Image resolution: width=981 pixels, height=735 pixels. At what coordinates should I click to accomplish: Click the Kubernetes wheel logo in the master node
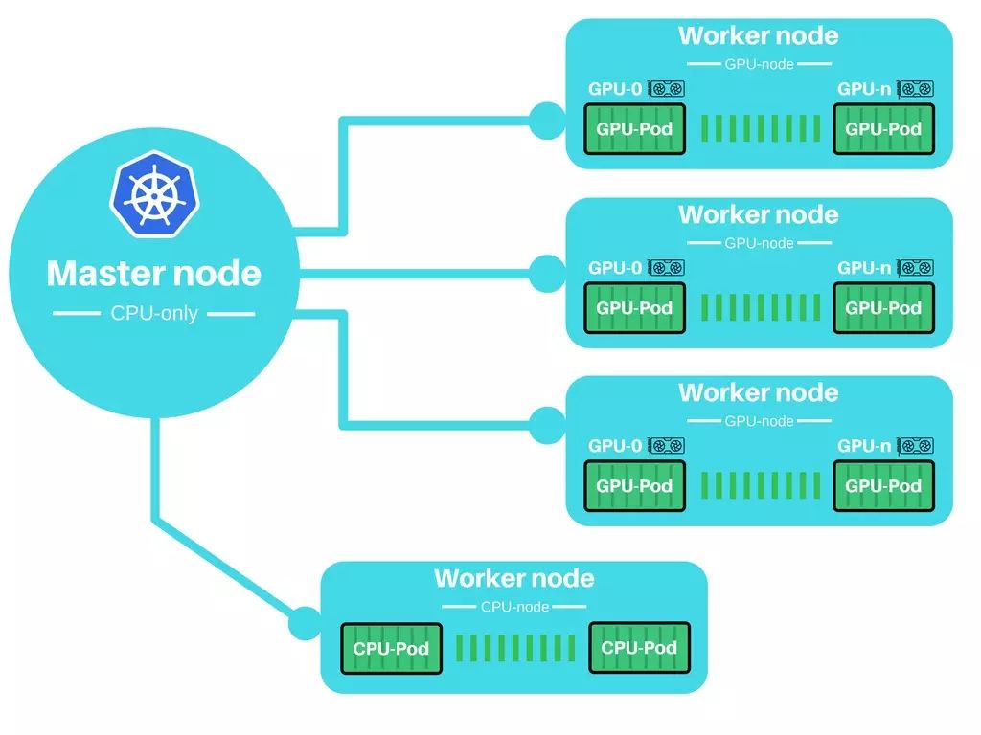coord(154,194)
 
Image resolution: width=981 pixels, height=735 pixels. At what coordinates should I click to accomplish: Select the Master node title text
coord(154,273)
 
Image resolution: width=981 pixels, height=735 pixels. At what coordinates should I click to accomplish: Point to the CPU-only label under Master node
coord(154,313)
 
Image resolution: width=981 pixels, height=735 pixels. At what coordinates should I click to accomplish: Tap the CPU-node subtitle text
coord(514,606)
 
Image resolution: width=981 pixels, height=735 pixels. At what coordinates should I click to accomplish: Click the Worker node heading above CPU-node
coord(514,578)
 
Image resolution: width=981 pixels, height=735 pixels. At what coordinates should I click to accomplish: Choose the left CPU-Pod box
coord(391,648)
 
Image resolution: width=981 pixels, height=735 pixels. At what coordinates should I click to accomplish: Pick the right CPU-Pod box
coord(639,648)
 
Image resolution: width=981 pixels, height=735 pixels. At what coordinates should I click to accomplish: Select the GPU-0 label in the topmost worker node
coord(615,89)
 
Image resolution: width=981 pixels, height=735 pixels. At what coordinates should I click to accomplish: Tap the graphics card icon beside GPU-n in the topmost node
coord(915,89)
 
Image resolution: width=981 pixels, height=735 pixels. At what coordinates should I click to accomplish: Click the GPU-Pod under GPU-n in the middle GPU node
coord(883,307)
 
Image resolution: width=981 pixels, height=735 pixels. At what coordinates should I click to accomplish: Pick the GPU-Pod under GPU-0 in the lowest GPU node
coord(634,485)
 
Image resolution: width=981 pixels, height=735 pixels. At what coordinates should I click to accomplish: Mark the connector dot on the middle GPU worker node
coord(547,274)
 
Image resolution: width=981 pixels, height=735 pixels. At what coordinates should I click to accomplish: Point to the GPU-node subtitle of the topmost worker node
coord(759,64)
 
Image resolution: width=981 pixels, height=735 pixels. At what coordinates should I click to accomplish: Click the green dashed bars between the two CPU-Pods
coord(514,648)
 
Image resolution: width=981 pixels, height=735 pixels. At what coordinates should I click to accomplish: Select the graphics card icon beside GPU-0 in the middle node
coord(667,268)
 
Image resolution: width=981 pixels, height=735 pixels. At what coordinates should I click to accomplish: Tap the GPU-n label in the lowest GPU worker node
coord(864,446)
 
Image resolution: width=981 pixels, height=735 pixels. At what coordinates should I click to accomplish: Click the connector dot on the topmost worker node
coord(547,121)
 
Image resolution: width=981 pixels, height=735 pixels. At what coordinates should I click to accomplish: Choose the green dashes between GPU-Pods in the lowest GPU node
coord(760,485)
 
